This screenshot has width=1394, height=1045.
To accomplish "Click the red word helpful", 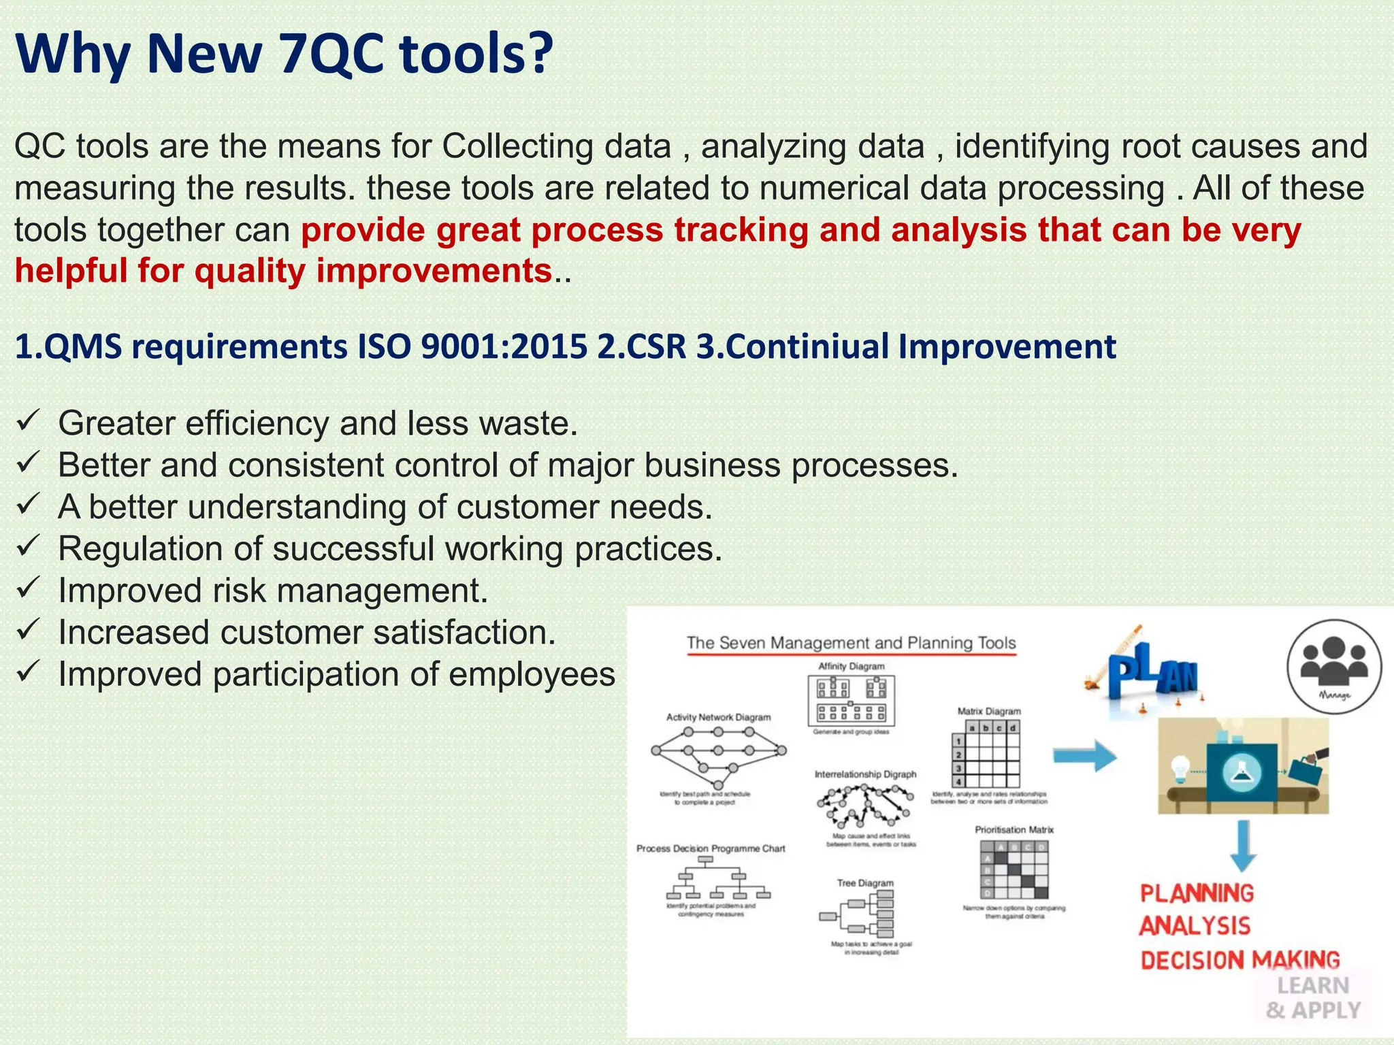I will click(x=71, y=271).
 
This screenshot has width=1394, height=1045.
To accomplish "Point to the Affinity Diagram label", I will click(x=852, y=666).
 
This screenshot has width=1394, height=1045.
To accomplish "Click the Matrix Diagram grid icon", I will click(x=986, y=754).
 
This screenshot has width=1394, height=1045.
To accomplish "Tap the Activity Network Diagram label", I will click(x=718, y=717).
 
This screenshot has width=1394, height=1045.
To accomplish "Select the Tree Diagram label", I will click(x=865, y=882).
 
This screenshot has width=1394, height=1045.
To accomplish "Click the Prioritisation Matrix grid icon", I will click(x=1014, y=870).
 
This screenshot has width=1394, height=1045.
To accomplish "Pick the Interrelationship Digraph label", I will click(x=865, y=774).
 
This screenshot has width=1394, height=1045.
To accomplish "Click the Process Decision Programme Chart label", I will click(x=711, y=848).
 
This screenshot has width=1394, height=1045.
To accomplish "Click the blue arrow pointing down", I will click(x=1243, y=846).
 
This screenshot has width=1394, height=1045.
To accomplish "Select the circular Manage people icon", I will click(x=1334, y=666).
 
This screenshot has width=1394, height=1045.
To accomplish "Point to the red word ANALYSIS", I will click(x=1195, y=926).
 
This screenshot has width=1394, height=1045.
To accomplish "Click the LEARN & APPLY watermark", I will click(x=1313, y=998).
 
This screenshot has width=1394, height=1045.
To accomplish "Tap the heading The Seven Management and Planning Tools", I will click(x=851, y=643).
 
